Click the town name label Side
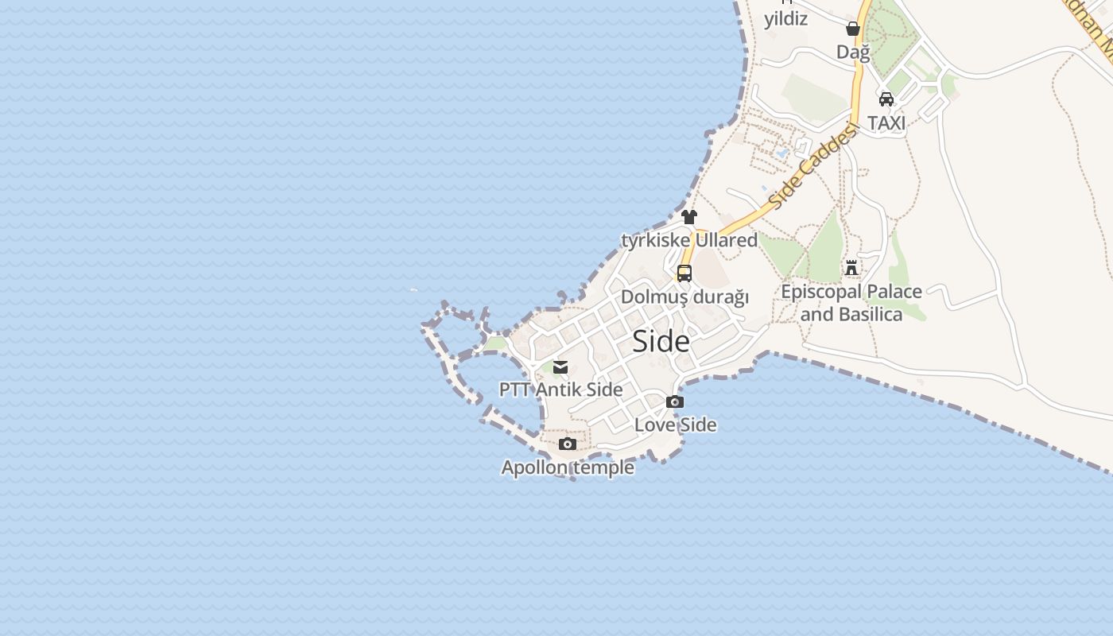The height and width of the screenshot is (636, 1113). coord(661,341)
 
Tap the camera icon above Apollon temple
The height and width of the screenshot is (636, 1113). coord(567,444)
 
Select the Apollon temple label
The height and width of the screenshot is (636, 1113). coord(568,467)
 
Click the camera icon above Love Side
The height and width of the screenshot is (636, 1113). coord(675,401)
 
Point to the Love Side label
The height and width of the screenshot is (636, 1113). coord(675,425)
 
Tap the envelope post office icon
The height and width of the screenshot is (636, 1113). coord(560,366)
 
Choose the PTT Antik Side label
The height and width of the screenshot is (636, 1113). coord(560,390)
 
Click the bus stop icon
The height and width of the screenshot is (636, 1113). coord(684,273)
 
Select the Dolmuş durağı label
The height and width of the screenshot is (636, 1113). coord(684,297)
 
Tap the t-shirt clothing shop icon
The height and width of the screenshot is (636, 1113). coord(689,216)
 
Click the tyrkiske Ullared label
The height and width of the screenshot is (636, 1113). coord(689,239)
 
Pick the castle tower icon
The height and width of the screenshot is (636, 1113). coord(851,267)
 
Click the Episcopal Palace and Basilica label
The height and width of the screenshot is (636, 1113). coord(851,302)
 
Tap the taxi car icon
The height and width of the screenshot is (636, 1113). coord(886,99)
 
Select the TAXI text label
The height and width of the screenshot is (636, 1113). coord(886,122)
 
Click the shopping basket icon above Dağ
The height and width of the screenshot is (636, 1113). coord(853,29)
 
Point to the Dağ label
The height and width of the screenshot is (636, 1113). coord(853,52)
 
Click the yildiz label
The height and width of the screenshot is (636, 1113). coord(785,18)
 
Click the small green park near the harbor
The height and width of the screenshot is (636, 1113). coord(495,343)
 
